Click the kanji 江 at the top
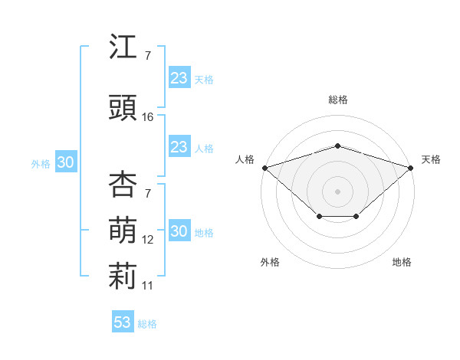tap(123, 46)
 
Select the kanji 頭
tap(123, 107)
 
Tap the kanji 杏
tap(123, 184)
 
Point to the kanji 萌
tap(123, 230)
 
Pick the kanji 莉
tap(123, 276)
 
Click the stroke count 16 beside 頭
tap(147, 117)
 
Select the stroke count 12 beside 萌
tap(147, 240)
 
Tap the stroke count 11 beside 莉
tap(147, 286)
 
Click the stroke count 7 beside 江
tap(148, 56)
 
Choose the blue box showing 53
tap(123, 321)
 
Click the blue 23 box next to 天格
tap(179, 77)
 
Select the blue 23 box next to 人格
tap(179, 146)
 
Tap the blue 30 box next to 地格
tap(179, 230)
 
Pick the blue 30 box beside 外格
tap(66, 162)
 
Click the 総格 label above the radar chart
tap(338, 100)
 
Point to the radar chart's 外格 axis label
tap(270, 262)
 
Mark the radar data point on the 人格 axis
tap(265, 168)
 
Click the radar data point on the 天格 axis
tap(411, 168)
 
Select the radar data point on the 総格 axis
tap(338, 146)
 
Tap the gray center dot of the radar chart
tap(337, 191)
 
